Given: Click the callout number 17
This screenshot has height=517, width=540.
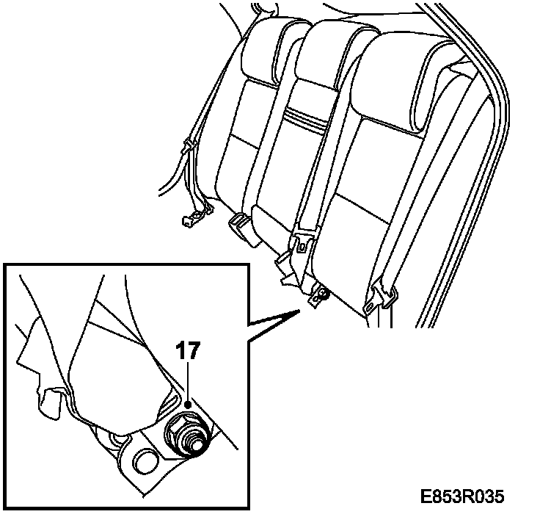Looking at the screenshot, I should pos(188,350).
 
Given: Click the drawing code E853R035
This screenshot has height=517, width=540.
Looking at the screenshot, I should pos(461,496).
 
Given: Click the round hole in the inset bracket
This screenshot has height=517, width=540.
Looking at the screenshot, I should pos(145,462).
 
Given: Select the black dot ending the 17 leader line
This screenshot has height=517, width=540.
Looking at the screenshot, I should pos(188,404).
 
